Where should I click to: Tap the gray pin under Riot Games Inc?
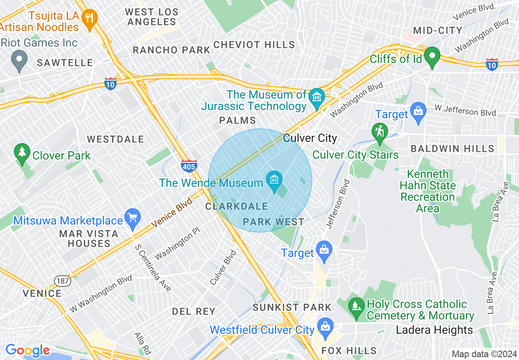pyautogui.click(x=19, y=60)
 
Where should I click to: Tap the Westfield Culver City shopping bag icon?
pyautogui.click(x=325, y=327)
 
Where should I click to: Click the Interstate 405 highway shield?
pyautogui.click(x=189, y=166)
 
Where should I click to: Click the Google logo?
pyautogui.click(x=27, y=351)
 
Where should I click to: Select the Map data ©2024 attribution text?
pyautogui.click(x=484, y=354)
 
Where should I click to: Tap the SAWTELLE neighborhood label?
pyautogui.click(x=65, y=63)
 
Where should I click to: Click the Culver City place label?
pyautogui.click(x=310, y=138)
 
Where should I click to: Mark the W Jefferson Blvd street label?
pyautogui.click(x=465, y=111)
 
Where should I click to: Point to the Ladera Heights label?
pyautogui.click(x=434, y=330)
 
